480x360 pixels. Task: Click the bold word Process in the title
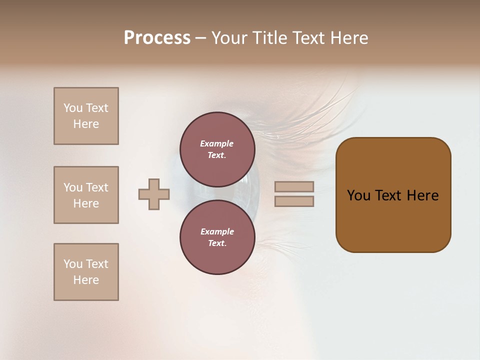[157, 38]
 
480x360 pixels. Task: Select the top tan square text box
[86, 116]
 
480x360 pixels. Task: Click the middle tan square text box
[86, 195]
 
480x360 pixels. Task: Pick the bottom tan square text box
[86, 272]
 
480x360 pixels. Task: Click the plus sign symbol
[154, 194]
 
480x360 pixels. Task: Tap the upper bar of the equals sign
[294, 186]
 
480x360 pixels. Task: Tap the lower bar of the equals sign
[294, 201]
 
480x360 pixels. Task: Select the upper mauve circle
[217, 149]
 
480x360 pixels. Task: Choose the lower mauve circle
[217, 237]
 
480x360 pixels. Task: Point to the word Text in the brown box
[388, 195]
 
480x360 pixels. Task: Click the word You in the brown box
[358, 195]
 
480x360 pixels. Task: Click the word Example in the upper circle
[217, 143]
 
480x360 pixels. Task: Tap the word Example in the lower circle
[217, 231]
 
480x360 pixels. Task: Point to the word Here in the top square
[86, 124]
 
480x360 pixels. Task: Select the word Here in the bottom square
[86, 280]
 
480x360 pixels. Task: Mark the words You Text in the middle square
[86, 187]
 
